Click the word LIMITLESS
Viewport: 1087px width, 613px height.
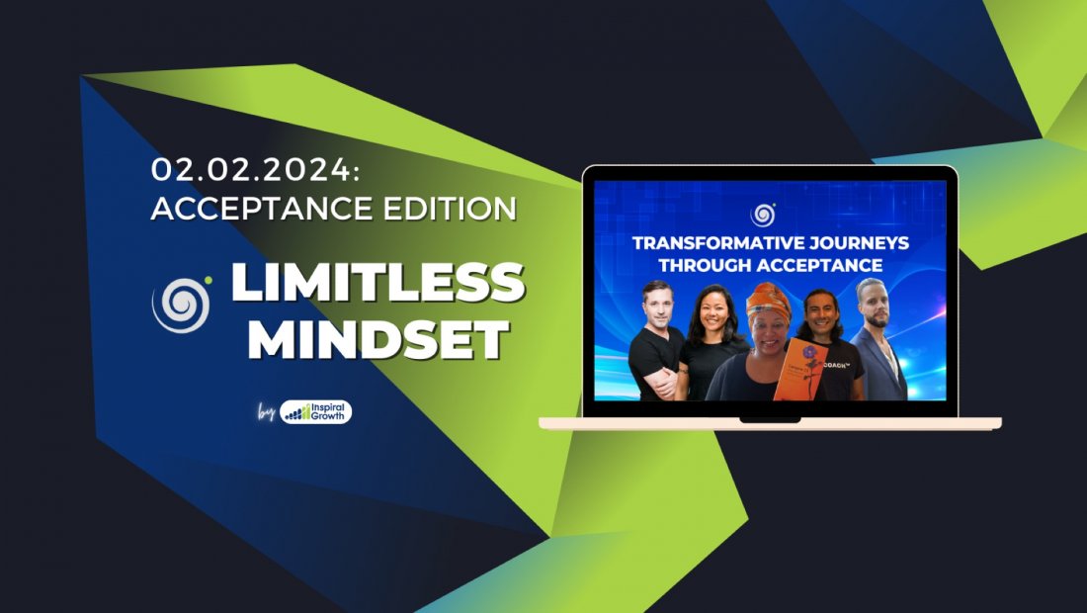click(x=376, y=284)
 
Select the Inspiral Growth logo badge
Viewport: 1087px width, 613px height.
click(x=316, y=412)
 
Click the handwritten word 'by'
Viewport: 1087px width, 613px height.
click(x=265, y=412)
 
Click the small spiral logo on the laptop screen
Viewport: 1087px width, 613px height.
click(x=763, y=215)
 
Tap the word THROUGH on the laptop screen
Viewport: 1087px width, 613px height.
click(x=714, y=265)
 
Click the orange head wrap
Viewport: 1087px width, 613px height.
click(x=768, y=300)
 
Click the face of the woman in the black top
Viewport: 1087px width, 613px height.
click(x=713, y=313)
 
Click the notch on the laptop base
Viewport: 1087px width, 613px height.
click(x=769, y=420)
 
